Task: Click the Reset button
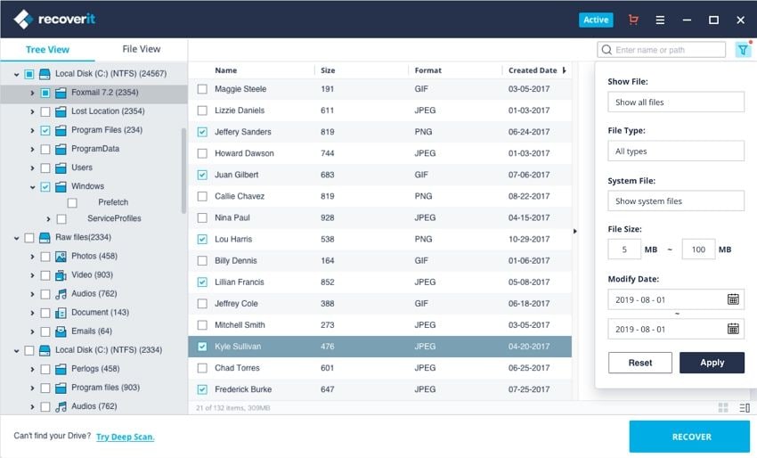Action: click(639, 363)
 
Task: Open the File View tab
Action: click(142, 49)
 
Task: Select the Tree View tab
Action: click(47, 50)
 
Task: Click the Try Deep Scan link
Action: click(125, 437)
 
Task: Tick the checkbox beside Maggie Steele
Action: click(202, 89)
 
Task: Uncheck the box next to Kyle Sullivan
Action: click(202, 347)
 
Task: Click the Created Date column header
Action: click(533, 70)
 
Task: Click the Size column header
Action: click(328, 70)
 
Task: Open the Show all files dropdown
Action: click(676, 102)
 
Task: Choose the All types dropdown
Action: click(676, 151)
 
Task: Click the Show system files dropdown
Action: click(676, 201)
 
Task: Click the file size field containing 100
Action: click(698, 249)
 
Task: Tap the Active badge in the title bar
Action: click(596, 20)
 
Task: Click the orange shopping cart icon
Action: click(633, 20)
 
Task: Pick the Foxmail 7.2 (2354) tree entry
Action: click(104, 93)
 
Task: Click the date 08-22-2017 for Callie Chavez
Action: click(529, 196)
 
